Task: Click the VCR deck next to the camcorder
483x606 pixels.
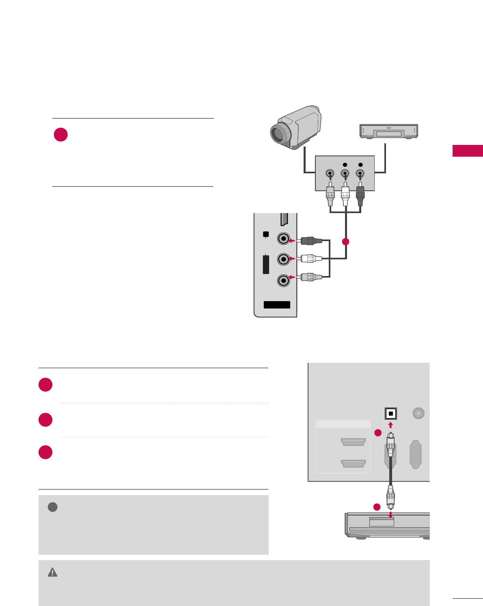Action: (x=389, y=132)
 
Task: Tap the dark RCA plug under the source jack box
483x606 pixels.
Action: (x=360, y=194)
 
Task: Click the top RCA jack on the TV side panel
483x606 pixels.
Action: (x=284, y=239)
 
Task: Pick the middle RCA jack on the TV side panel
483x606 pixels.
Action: (x=284, y=259)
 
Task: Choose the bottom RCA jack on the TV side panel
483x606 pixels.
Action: (x=284, y=280)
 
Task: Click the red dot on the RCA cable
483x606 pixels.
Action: (x=345, y=242)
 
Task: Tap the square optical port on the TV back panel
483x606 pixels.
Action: (x=390, y=414)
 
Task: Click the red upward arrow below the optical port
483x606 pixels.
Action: (x=390, y=425)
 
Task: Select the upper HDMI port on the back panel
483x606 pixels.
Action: (x=354, y=442)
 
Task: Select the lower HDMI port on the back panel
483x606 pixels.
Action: (x=354, y=463)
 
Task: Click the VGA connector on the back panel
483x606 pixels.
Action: (x=416, y=454)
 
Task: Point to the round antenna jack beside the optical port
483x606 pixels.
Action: (x=418, y=413)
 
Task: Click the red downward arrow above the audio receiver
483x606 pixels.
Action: (x=390, y=515)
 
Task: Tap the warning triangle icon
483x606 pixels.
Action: (x=53, y=572)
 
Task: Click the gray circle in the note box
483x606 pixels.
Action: (x=52, y=507)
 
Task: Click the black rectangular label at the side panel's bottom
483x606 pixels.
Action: (x=277, y=305)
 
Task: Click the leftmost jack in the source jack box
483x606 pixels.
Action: (x=330, y=174)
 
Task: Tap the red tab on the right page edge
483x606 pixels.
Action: (x=468, y=151)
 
